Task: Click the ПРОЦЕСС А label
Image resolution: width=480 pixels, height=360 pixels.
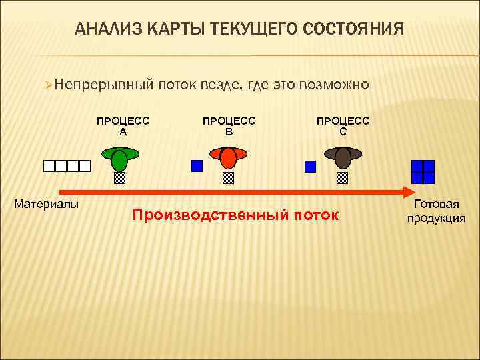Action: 123,126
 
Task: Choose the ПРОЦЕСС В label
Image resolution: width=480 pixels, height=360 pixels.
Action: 229,126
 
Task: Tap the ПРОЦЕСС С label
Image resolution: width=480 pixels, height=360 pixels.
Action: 343,126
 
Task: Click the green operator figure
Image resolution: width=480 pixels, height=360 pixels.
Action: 119,159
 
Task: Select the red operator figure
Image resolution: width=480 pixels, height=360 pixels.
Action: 228,158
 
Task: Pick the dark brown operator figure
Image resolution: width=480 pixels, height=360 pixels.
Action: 343,158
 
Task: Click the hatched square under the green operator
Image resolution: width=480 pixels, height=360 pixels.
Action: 119,178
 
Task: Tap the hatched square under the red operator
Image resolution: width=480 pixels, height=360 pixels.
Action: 228,178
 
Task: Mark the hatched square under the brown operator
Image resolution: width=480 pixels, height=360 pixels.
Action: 343,178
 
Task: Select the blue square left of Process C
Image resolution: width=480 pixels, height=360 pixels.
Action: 310,167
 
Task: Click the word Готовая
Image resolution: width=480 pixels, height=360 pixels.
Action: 436,205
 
